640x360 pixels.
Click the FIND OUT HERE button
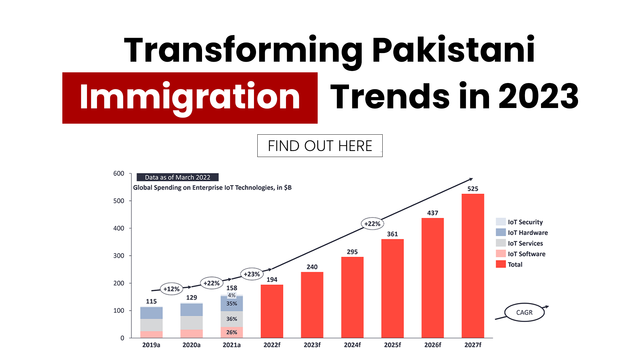tap(320, 146)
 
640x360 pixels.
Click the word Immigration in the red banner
tap(190, 97)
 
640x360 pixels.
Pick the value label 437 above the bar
tap(433, 213)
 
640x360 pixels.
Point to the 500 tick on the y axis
tap(119, 201)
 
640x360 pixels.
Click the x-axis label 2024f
tap(352, 345)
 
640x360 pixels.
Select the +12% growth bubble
tap(171, 289)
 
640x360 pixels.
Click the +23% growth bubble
tap(252, 274)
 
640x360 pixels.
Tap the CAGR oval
tap(524, 312)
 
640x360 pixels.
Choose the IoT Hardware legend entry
tap(527, 233)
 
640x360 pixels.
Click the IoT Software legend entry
tap(526, 254)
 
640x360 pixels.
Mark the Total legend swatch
tap(501, 264)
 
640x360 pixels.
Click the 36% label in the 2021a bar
tap(232, 319)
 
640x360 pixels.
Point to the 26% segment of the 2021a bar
tap(232, 332)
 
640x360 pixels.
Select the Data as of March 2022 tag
tap(178, 177)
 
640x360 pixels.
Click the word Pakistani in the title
tap(453, 50)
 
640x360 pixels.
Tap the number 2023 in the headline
tap(538, 97)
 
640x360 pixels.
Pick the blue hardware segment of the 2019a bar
tap(151, 313)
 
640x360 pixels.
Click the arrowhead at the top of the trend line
tap(471, 179)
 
